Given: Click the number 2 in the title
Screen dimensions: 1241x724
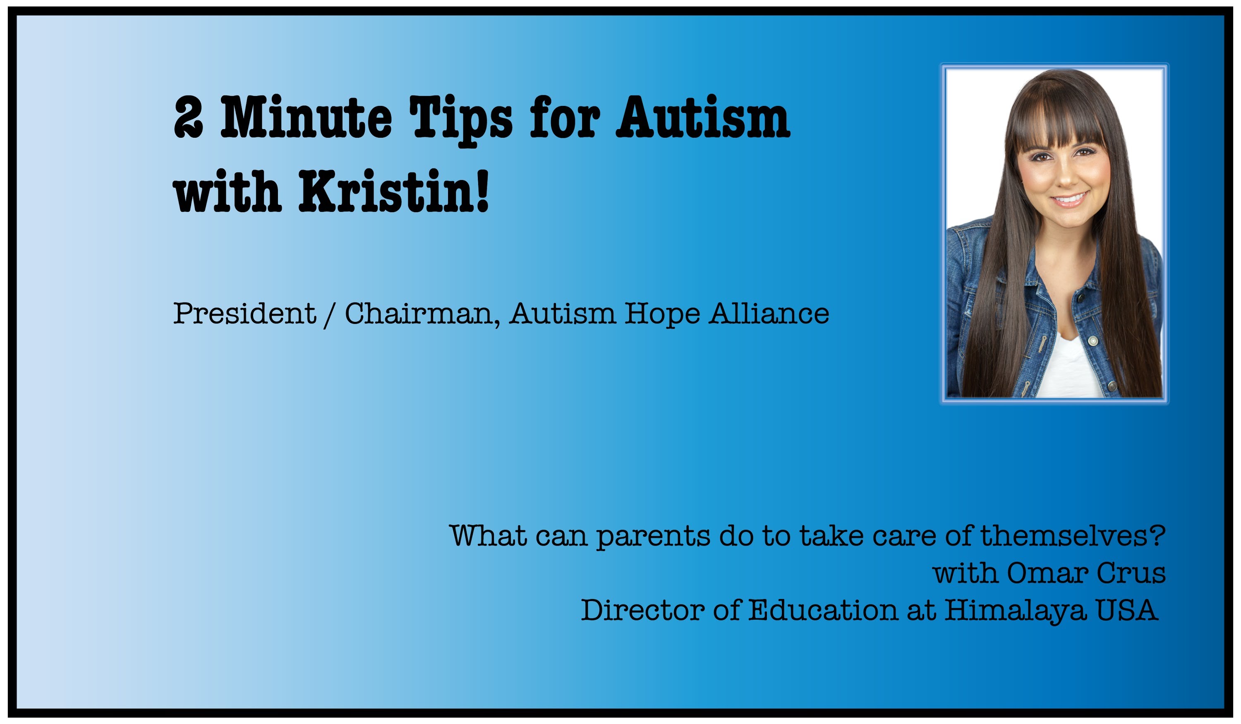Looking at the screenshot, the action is (x=189, y=117).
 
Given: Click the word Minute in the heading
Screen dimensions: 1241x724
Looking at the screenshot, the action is (x=306, y=117).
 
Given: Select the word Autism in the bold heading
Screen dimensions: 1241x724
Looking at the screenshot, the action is (x=703, y=117).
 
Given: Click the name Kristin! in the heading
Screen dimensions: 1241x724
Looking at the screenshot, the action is (x=394, y=191).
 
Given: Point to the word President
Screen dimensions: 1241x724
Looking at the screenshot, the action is (x=244, y=313).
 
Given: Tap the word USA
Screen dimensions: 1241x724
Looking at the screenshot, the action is (x=1126, y=610).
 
